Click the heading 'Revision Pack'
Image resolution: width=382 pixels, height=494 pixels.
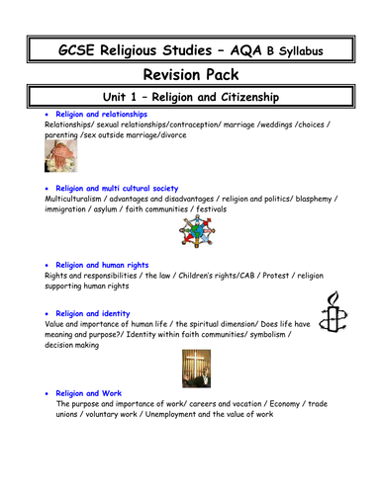point(191,75)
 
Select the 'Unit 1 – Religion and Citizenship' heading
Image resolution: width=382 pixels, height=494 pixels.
point(191,100)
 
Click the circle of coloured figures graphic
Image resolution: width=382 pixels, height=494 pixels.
point(190,233)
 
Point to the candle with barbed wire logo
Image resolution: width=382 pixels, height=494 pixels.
point(334,318)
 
